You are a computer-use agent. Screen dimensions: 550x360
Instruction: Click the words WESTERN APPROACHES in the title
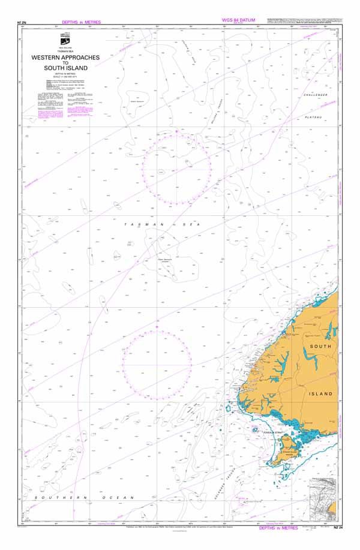pos(65,58)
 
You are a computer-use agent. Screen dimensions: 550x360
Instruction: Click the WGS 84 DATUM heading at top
pos(239,20)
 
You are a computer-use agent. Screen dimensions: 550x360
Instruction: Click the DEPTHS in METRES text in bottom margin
pos(278,528)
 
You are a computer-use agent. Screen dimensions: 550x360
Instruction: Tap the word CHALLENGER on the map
pos(316,95)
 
